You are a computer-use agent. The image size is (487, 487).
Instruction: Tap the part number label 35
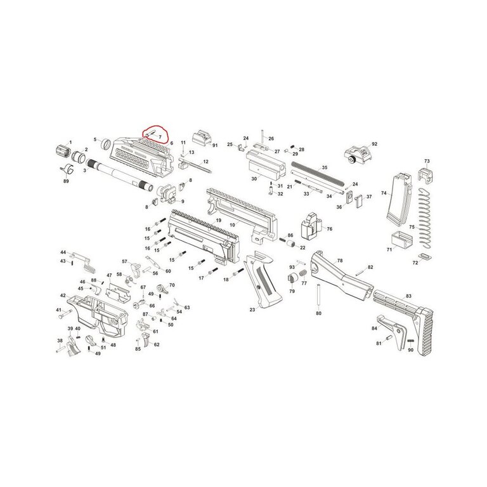coord(324,167)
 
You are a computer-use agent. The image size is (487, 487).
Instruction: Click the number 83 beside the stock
coord(408,296)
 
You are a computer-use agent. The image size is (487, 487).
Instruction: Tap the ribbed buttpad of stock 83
coord(425,331)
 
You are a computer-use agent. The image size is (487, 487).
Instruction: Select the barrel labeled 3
coord(120,174)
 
